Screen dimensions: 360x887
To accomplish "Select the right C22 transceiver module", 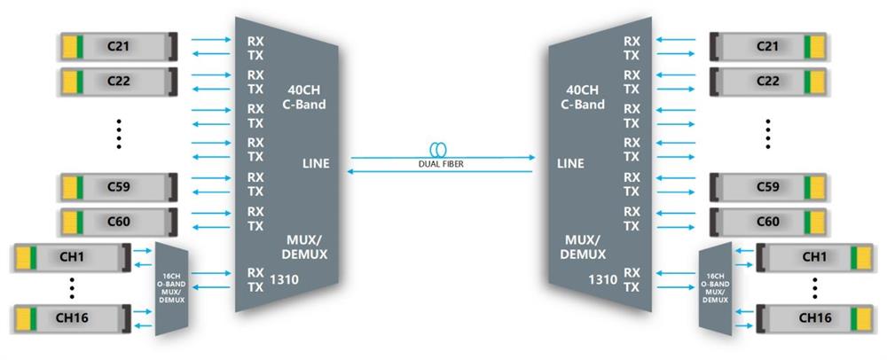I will (768, 81).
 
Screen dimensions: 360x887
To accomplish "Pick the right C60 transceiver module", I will (768, 222).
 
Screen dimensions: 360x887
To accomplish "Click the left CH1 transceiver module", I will (71, 258).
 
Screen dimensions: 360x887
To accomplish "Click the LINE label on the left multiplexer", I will (315, 164).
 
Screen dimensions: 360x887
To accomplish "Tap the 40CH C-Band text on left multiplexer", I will (307, 97).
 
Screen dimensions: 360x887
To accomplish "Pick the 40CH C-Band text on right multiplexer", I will (582, 97).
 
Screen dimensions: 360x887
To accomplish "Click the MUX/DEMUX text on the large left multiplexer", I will (307, 247).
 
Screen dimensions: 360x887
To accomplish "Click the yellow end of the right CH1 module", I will (860, 258).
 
